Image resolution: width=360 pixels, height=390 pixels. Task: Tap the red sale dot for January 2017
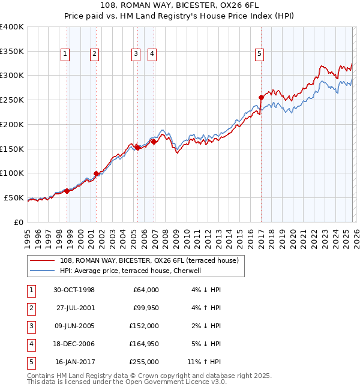[x=261, y=97]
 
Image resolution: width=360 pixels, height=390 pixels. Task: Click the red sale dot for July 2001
[x=96, y=173]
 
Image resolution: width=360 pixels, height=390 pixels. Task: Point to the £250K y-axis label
[x=12, y=100]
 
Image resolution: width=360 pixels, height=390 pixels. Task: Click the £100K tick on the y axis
[x=12, y=173]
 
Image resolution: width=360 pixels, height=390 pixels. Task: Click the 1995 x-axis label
[x=27, y=236]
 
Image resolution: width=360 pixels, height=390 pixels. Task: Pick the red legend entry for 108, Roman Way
[x=149, y=260]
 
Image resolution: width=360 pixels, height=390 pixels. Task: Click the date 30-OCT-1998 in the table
[x=74, y=290]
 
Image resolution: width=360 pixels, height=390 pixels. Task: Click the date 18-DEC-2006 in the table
[x=74, y=344]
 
